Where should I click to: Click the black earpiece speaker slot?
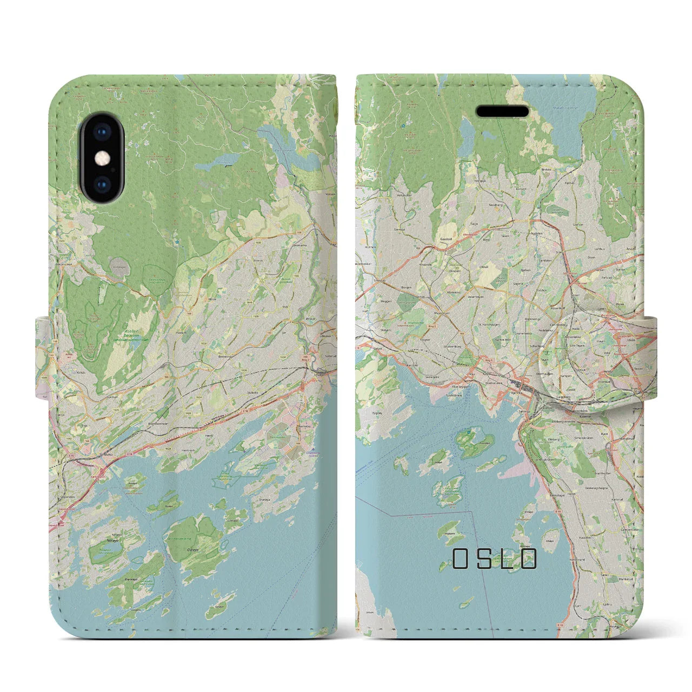pos(502,111)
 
